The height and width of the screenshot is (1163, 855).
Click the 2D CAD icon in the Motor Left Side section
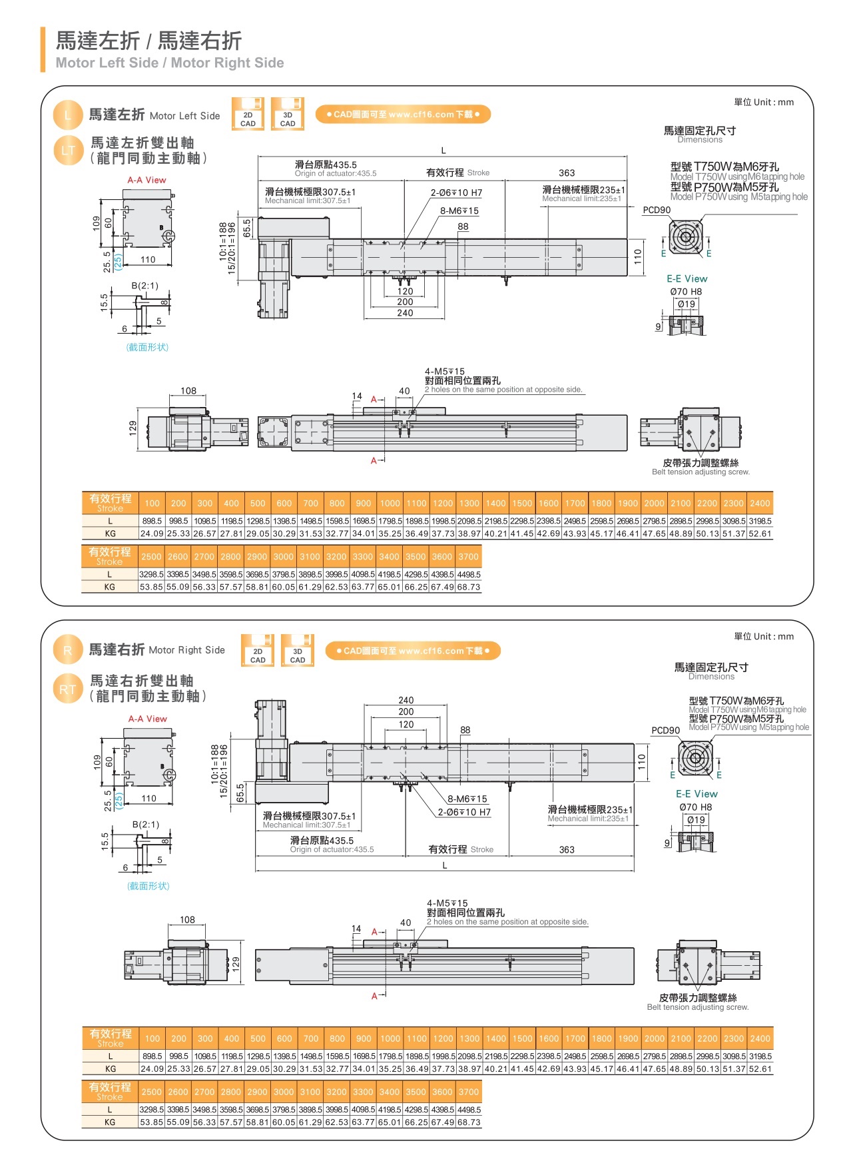(x=248, y=115)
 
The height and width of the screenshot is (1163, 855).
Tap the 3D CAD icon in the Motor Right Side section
(x=297, y=651)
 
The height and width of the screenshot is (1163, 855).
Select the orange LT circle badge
(x=68, y=151)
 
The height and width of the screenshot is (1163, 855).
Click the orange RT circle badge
(x=68, y=689)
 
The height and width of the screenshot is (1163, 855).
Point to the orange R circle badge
(x=67, y=650)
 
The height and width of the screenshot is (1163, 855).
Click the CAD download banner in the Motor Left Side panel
(x=403, y=115)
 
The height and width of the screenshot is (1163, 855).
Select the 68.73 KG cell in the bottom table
(x=468, y=1122)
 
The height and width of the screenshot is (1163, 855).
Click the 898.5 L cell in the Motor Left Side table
(x=152, y=521)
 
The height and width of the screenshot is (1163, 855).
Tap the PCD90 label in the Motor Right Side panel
(x=665, y=730)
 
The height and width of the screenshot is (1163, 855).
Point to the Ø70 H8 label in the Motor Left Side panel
(x=686, y=292)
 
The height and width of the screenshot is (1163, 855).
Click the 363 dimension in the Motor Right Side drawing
(x=567, y=849)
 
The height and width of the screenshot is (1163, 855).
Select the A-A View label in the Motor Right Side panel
(x=148, y=719)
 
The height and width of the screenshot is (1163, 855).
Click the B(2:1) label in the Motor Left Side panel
(x=144, y=286)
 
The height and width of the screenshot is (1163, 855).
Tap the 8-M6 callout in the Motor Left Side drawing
(x=459, y=210)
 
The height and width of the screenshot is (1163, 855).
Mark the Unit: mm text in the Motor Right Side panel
(x=764, y=636)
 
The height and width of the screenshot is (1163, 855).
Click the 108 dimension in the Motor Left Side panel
(x=188, y=391)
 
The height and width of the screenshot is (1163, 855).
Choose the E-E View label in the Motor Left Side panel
(x=687, y=278)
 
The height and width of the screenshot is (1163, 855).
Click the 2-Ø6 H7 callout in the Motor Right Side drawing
(x=464, y=812)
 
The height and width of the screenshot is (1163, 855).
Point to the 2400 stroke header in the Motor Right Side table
(x=760, y=1038)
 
